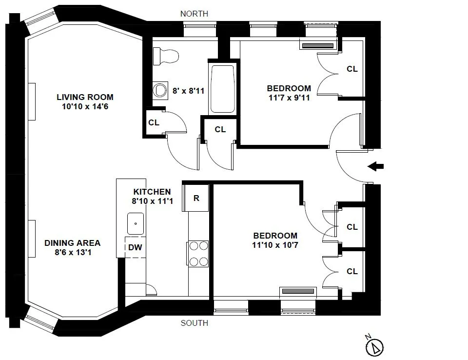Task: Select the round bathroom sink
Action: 159,90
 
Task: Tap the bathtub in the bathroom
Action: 222,88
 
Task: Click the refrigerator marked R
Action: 196,198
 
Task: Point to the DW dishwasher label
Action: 135,247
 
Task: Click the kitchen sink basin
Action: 136,224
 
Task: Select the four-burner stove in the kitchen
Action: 198,254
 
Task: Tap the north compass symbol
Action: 374,347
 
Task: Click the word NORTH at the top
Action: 194,14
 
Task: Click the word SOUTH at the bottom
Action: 194,323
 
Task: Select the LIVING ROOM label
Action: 85,97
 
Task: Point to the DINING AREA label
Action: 72,243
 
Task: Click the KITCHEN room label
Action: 152,192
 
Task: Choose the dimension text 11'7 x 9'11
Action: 289,98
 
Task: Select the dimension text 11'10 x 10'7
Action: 275,245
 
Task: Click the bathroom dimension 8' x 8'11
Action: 187,90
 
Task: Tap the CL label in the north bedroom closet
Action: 352,69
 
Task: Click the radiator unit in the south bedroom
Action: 298,291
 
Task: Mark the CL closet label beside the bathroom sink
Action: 154,122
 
